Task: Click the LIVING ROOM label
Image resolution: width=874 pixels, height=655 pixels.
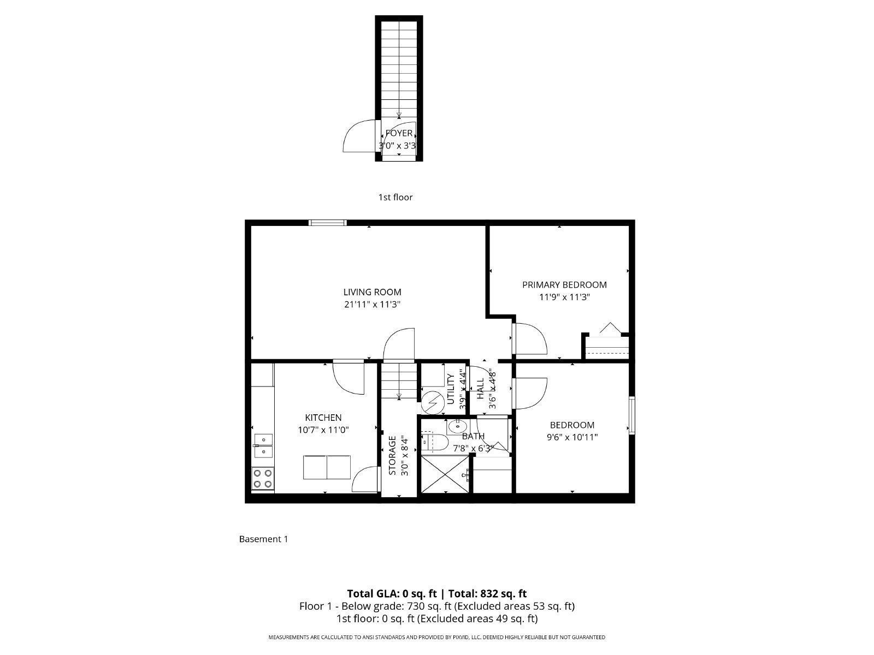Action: coord(372,292)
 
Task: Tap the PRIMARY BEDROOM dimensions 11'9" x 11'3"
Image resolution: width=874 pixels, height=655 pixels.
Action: coord(564,297)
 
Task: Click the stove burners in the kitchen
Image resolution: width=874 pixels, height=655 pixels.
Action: coord(263,479)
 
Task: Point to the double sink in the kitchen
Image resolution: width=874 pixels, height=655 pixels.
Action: coord(263,445)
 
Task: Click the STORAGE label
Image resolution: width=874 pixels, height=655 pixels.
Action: coord(392,455)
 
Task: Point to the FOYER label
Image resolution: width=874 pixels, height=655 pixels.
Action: coord(399,133)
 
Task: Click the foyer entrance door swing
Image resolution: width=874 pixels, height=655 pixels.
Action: coord(358,136)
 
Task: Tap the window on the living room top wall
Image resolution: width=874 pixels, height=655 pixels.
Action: coord(327,222)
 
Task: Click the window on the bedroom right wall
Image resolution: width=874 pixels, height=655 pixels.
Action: coord(632,415)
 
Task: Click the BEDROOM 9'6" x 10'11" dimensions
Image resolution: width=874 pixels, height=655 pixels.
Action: coord(572,437)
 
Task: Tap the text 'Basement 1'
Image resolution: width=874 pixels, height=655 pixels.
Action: coord(263,539)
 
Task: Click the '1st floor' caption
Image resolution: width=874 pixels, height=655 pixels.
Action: coord(395,197)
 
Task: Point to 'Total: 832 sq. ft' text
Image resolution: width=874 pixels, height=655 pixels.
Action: coord(487,593)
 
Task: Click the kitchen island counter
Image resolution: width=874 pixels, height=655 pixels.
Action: coord(327,468)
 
